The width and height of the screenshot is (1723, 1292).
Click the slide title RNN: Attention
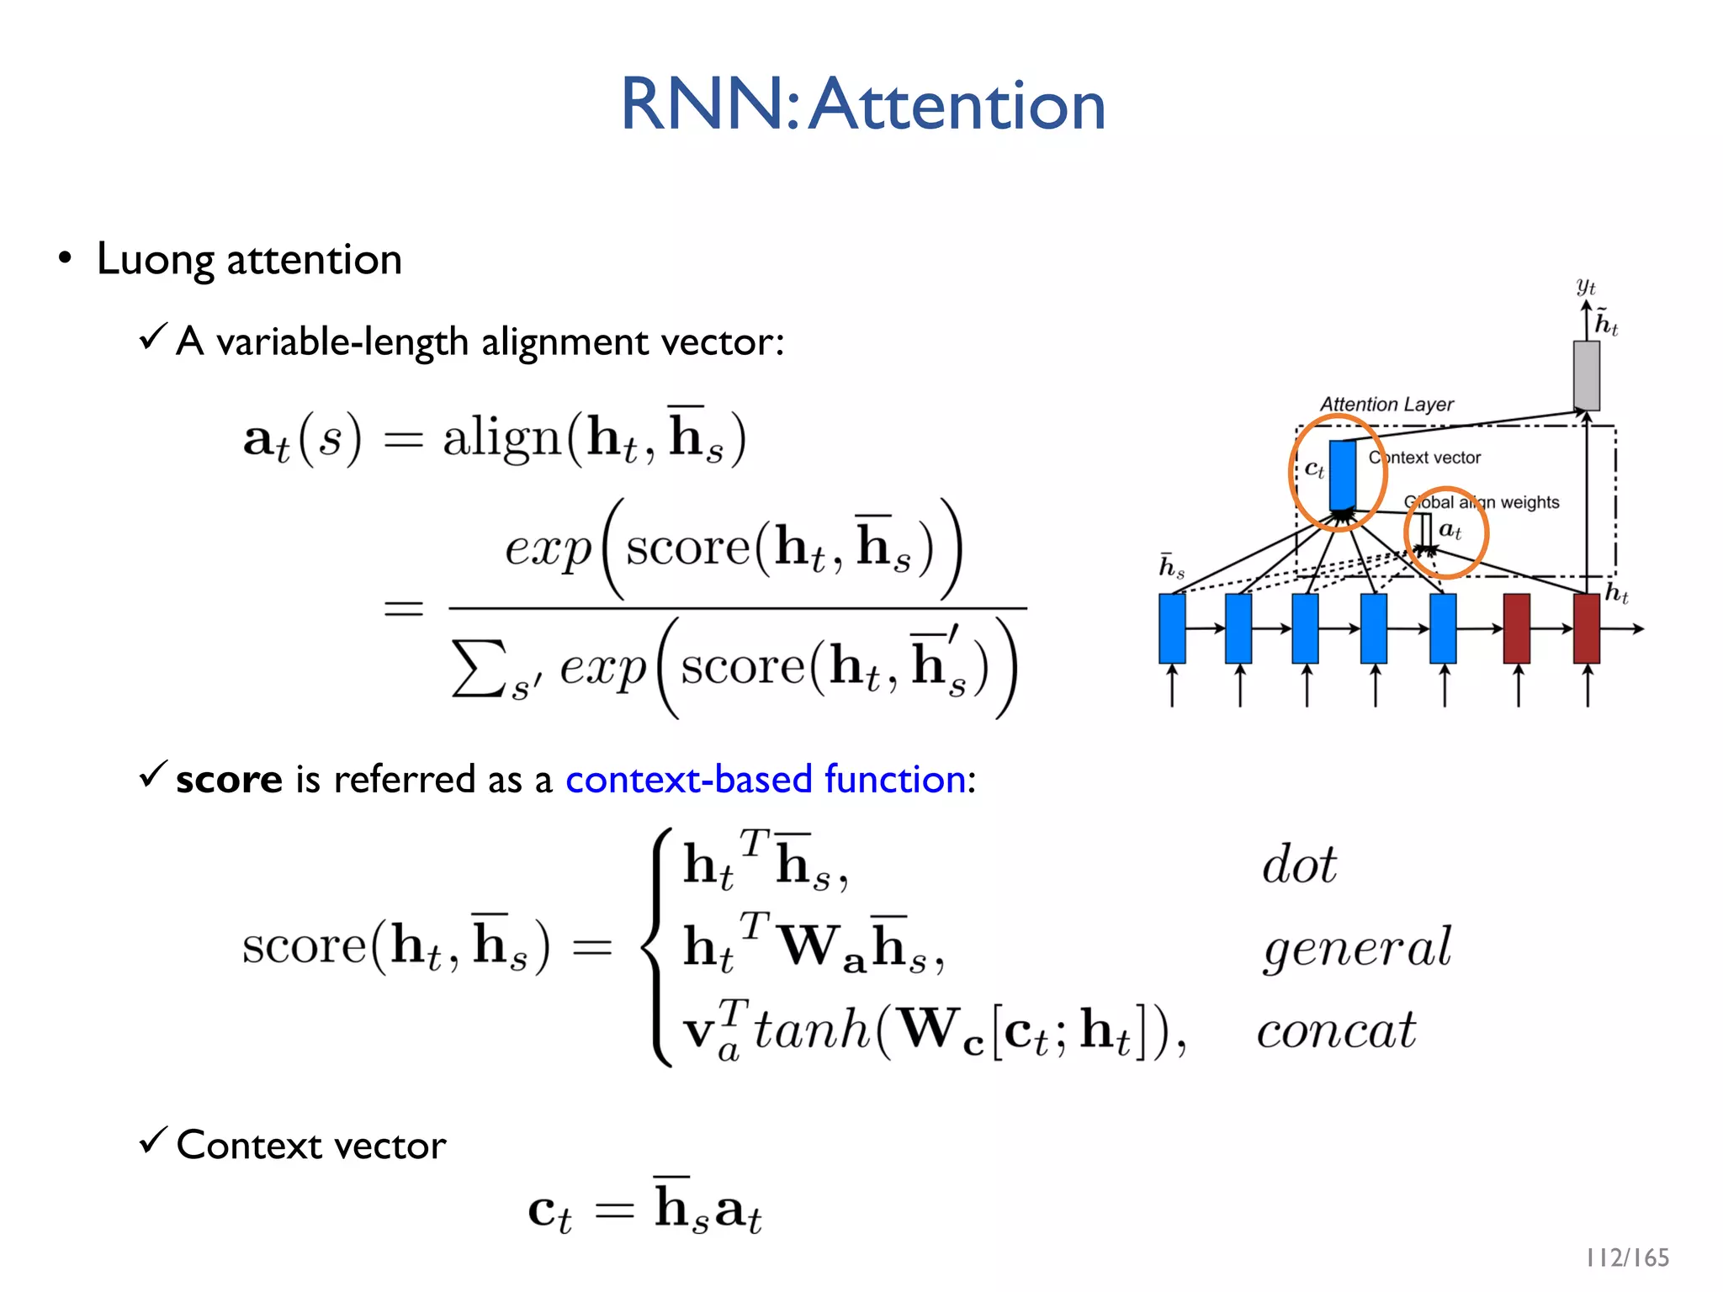(862, 104)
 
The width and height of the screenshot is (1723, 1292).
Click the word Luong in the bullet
(156, 260)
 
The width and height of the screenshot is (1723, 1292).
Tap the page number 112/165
(1627, 1258)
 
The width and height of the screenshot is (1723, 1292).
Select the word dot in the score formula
(1299, 865)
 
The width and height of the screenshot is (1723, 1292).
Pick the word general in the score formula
(1357, 948)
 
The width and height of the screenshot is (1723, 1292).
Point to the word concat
(1336, 1030)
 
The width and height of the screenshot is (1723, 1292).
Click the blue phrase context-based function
(766, 779)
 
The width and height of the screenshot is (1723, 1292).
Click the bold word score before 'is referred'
(229, 780)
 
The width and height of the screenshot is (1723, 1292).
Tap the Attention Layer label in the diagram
(1386, 405)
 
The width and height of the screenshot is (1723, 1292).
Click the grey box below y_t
(1586, 375)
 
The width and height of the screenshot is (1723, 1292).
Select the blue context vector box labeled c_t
(1343, 474)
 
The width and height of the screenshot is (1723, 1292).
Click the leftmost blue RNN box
(1172, 628)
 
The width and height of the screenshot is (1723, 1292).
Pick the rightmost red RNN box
(1586, 628)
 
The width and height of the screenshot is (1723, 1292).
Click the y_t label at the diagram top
(1586, 286)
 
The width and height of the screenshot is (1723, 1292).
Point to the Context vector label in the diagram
(1424, 458)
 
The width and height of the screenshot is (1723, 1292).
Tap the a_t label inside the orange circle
(1450, 531)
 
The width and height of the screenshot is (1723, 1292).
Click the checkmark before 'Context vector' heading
(153, 1141)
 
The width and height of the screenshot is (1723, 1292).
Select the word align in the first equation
(501, 438)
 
